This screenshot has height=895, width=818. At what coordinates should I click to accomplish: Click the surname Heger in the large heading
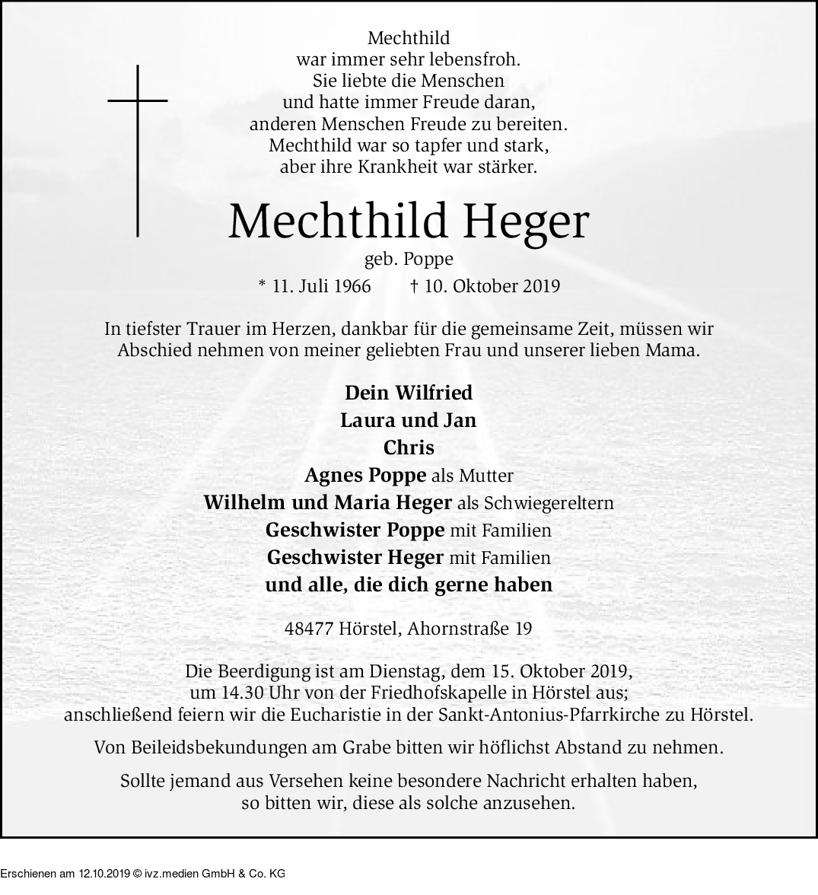click(x=525, y=221)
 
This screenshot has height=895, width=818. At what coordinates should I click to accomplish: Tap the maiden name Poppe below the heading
click(x=428, y=260)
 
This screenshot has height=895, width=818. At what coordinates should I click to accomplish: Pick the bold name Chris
click(x=409, y=447)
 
